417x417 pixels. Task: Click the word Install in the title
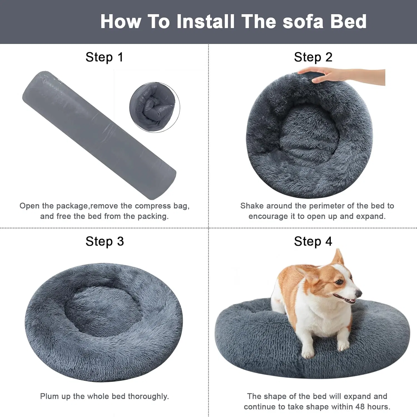point(205,21)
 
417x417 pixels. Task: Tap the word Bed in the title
point(348,21)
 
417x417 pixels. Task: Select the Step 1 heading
point(104,57)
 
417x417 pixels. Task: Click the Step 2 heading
point(313,57)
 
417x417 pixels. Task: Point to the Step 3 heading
point(105,241)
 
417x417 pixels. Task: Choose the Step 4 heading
point(313,241)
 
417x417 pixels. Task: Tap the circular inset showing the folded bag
point(155,107)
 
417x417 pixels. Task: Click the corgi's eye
point(339,282)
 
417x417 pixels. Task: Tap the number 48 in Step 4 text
point(360,407)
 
